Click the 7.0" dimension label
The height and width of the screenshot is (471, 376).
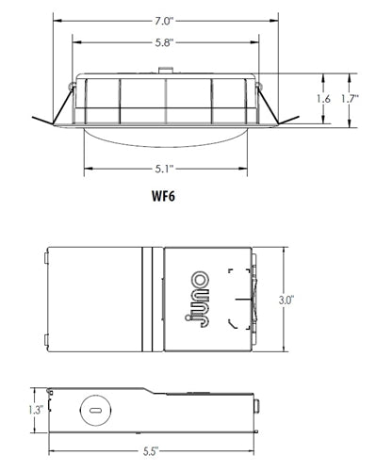(x=163, y=22)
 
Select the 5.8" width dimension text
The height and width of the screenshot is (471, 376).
(x=164, y=42)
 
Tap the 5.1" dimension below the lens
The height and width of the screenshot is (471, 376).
(x=164, y=169)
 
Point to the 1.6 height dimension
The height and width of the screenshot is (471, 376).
(x=323, y=99)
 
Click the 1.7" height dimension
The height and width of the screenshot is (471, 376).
(x=350, y=99)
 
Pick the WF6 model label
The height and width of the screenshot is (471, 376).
(x=163, y=196)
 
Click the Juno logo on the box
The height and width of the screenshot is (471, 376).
(x=197, y=300)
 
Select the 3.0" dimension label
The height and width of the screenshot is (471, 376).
(x=286, y=300)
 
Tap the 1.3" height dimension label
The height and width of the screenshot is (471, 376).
(x=36, y=410)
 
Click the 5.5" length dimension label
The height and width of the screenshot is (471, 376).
(x=151, y=451)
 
